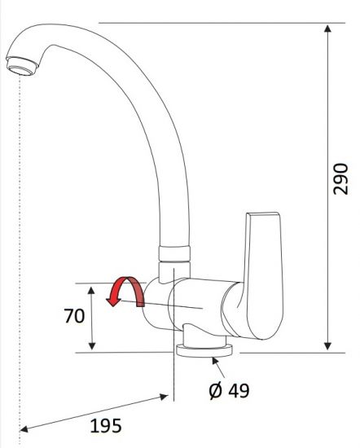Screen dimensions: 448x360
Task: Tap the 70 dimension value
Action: click(75, 316)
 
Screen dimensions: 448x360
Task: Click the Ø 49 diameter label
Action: click(229, 391)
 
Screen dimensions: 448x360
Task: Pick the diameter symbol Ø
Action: click(215, 391)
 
